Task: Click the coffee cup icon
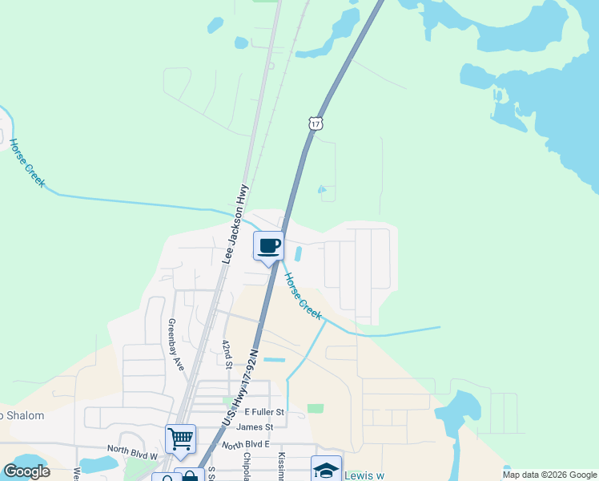point(269,245)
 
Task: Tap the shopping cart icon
point(180,439)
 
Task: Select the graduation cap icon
point(326,469)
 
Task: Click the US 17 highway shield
point(316,123)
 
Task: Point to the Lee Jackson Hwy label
point(235,224)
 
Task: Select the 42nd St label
point(227,354)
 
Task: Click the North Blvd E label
point(246,445)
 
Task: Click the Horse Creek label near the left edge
point(27,163)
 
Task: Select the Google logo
point(26,471)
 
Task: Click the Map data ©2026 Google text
point(549,475)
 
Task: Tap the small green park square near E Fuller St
point(316,408)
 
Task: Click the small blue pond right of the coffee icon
point(298,254)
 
